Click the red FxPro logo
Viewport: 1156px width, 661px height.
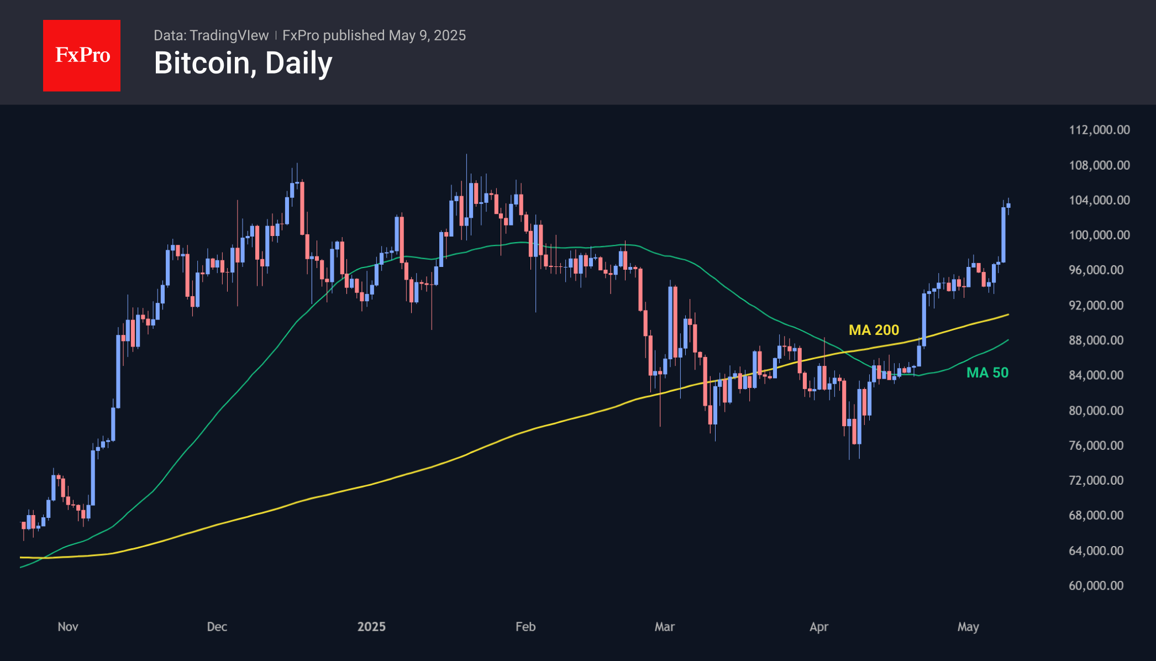[82, 55]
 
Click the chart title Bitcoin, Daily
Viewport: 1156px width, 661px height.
[243, 63]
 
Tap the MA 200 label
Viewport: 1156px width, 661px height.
[874, 330]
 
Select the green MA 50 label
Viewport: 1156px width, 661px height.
[987, 373]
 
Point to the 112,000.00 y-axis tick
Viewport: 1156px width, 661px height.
[1099, 130]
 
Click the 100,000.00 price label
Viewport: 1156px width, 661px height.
[1099, 235]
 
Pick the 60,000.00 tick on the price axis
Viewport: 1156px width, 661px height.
[1096, 585]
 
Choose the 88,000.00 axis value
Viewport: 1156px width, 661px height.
[1096, 340]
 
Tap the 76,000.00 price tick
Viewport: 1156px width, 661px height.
[1096, 445]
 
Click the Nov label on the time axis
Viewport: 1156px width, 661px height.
[68, 627]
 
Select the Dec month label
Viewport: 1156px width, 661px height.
[217, 627]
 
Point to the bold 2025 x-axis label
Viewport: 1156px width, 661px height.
[371, 627]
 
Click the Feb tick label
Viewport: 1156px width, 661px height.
[526, 627]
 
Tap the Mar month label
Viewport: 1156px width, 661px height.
[665, 627]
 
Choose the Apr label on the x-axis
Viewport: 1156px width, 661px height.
[819, 627]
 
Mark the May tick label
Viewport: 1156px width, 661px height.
[968, 627]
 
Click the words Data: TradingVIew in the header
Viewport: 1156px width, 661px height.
[211, 35]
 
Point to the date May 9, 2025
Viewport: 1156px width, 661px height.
[427, 35]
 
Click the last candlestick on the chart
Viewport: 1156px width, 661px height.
[1008, 206]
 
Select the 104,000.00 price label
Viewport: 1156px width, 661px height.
[1099, 200]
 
